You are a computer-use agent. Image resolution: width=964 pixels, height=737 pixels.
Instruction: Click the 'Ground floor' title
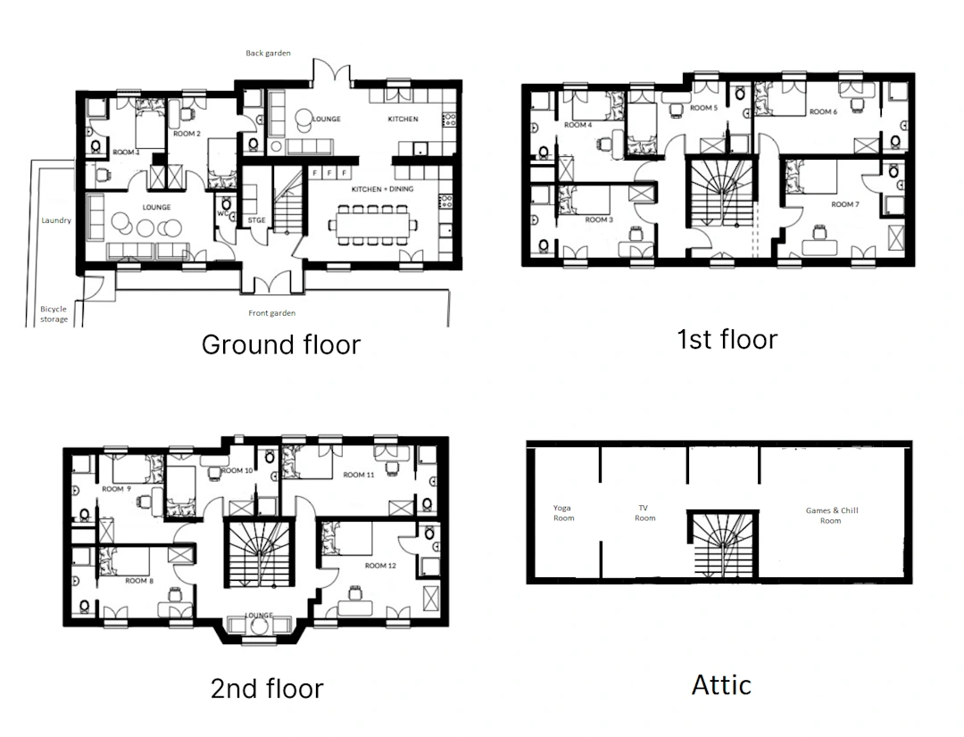click(x=281, y=344)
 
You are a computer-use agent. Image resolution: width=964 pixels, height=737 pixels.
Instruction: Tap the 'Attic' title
click(x=721, y=684)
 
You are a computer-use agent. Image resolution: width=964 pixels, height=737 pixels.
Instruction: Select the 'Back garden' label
click(x=268, y=53)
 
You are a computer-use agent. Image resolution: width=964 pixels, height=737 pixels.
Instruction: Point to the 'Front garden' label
click(x=271, y=313)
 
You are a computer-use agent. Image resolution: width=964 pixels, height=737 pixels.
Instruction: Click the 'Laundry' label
click(x=56, y=220)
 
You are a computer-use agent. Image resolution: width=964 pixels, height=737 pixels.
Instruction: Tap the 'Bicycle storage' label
click(x=54, y=314)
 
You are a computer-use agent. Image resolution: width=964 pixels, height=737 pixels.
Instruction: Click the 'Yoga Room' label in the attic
click(x=563, y=513)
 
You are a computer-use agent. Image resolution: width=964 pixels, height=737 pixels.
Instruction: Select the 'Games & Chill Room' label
click(x=832, y=515)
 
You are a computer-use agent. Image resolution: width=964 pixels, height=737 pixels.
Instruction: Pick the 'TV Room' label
click(x=644, y=513)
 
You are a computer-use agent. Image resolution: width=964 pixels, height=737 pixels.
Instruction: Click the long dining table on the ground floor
click(x=372, y=225)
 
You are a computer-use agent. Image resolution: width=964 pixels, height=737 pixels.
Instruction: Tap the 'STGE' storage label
click(x=256, y=220)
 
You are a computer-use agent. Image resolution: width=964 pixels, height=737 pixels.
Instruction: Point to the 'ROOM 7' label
click(x=844, y=204)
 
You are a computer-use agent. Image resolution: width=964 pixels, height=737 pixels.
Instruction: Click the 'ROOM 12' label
click(x=380, y=566)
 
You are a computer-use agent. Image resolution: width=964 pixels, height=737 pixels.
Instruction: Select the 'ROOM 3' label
click(x=599, y=219)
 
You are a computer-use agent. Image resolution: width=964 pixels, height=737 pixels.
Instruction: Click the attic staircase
click(x=722, y=544)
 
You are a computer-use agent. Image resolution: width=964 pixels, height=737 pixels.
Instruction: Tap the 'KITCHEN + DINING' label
click(x=382, y=188)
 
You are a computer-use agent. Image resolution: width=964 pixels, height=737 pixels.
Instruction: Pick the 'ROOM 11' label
click(x=359, y=475)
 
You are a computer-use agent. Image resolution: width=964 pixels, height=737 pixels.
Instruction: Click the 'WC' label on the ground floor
click(x=222, y=214)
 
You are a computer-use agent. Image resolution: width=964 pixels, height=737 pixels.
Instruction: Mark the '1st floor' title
click(x=727, y=339)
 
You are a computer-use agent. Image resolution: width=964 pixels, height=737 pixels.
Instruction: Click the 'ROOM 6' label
click(x=823, y=112)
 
